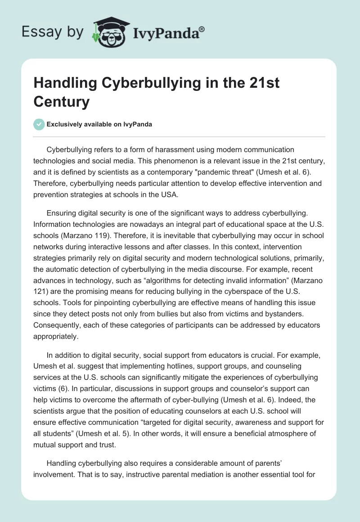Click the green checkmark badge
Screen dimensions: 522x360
pos(39,124)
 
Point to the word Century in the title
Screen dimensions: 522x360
pos(61,101)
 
